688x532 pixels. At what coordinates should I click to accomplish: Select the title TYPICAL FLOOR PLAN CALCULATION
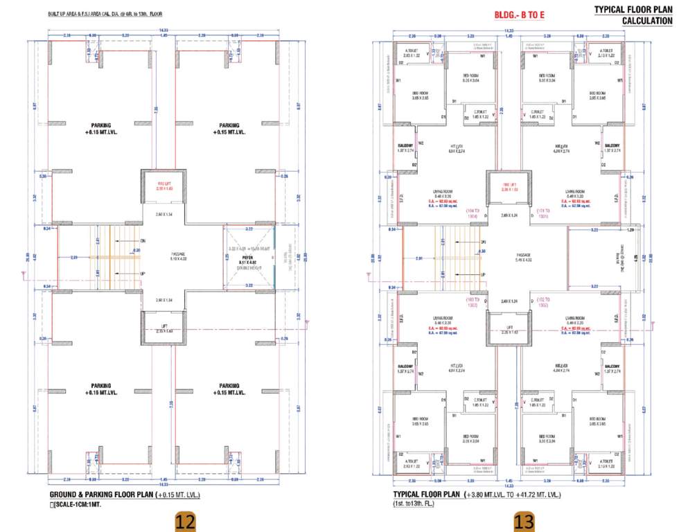[x=633, y=15]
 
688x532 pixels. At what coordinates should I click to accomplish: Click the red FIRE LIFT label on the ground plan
[x=163, y=183]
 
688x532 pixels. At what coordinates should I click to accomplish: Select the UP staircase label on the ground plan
[x=143, y=275]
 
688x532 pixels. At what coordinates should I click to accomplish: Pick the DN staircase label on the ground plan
[x=143, y=240]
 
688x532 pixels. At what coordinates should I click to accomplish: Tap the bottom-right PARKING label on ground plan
[x=229, y=389]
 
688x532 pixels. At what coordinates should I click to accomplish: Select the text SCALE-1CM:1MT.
[x=78, y=505]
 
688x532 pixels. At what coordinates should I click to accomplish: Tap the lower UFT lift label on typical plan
[x=510, y=327]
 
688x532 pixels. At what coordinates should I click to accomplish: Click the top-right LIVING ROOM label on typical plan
[x=576, y=191]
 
